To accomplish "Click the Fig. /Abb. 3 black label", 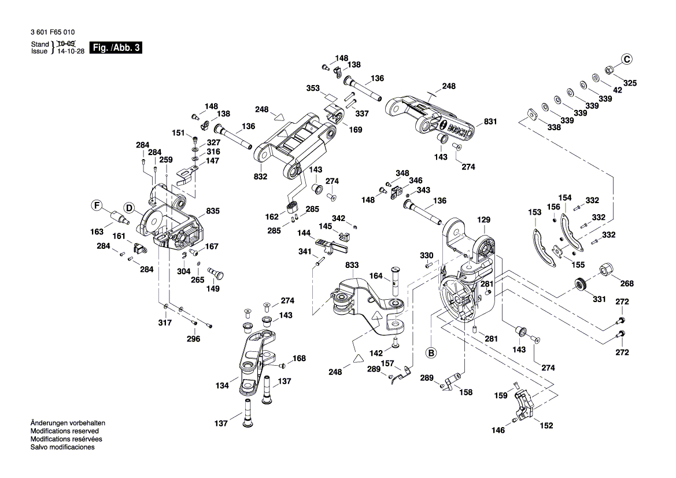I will (x=115, y=48).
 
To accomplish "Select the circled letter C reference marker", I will (x=627, y=58).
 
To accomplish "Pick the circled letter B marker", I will (x=431, y=351).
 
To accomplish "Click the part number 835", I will (x=213, y=212).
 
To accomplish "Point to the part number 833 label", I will (x=352, y=264).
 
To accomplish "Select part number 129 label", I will (x=483, y=220).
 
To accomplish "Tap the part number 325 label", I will (x=629, y=83).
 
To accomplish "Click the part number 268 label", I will (x=627, y=284).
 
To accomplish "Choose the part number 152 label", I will (x=546, y=425).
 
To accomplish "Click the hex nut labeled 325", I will (x=609, y=71).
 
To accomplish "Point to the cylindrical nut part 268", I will (x=607, y=270).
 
